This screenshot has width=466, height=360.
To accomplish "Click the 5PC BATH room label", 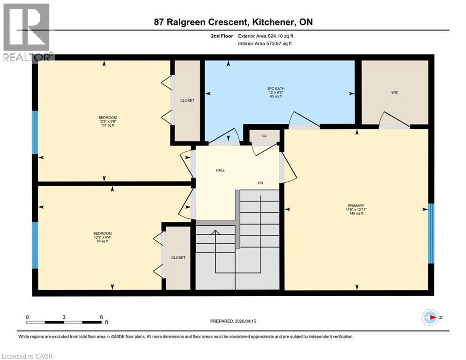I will coord(280,89).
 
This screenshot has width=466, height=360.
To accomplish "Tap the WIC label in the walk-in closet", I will coord(394,93).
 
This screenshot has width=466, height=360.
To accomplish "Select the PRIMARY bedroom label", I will coord(356,205).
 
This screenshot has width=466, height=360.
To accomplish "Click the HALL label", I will coord(220,170).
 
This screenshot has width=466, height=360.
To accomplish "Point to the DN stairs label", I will coord(261,183).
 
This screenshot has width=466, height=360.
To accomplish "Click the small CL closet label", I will coord(264,136).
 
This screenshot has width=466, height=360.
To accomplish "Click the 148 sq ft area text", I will coord(356,213).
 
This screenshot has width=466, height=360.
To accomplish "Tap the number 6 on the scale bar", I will coord(101,316).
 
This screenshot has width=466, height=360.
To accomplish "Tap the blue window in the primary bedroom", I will coord(431,233).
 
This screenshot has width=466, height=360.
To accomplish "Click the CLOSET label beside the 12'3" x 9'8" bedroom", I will coord(187,101).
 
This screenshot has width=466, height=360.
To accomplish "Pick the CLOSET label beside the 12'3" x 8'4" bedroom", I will coord(178,258).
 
